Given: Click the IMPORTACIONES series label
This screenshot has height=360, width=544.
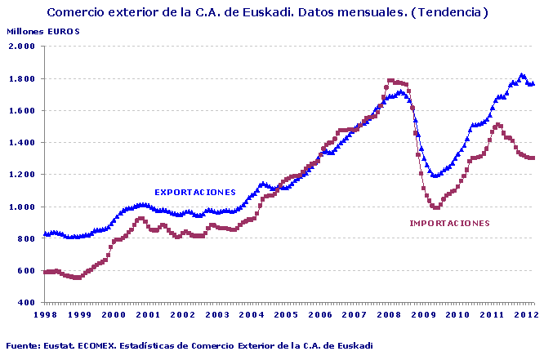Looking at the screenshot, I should click(x=449, y=223).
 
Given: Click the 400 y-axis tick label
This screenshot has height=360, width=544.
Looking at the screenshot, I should click(x=27, y=303).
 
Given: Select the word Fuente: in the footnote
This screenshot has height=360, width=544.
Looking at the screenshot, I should click(x=22, y=346).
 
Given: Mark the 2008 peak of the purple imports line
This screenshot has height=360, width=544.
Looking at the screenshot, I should click(x=391, y=81).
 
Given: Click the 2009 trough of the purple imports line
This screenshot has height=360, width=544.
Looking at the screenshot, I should click(x=436, y=207).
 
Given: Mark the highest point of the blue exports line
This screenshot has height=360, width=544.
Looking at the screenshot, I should click(x=522, y=75).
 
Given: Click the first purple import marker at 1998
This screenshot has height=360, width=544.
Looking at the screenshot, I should click(x=45, y=272).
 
